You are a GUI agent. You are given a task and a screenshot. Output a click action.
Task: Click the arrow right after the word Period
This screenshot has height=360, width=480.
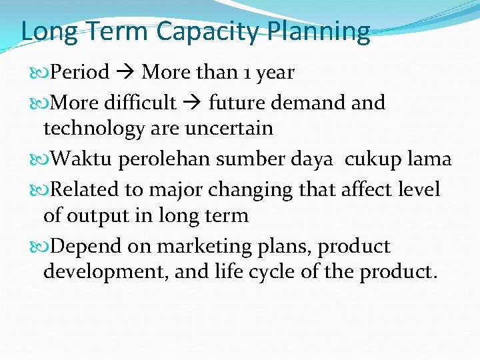coord(125,71)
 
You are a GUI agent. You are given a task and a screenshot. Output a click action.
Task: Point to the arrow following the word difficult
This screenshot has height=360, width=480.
coord(192,103)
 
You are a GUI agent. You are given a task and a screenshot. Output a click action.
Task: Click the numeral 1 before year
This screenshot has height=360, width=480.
coord(245,71)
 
